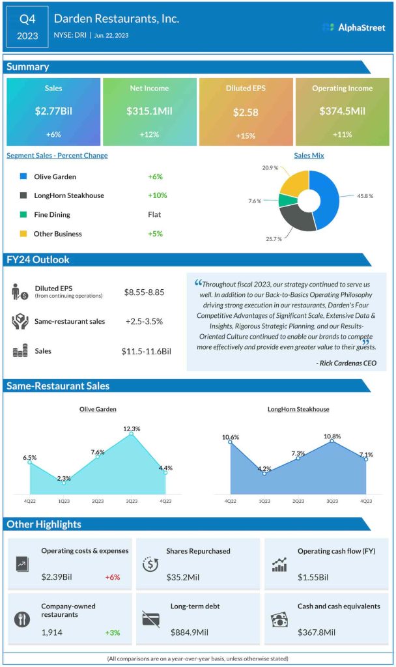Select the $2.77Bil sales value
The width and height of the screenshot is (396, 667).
(53, 111)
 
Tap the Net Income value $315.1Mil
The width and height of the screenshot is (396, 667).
(149, 111)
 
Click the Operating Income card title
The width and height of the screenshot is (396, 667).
(342, 88)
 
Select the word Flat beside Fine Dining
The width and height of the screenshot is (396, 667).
(154, 214)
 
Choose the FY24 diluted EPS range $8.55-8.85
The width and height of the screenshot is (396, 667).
(144, 292)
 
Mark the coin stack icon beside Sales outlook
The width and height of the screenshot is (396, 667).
(20, 351)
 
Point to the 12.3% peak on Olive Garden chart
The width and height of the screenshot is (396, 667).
(132, 433)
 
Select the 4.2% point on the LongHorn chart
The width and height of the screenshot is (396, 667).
(264, 472)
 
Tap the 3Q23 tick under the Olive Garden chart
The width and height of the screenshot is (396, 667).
(132, 501)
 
